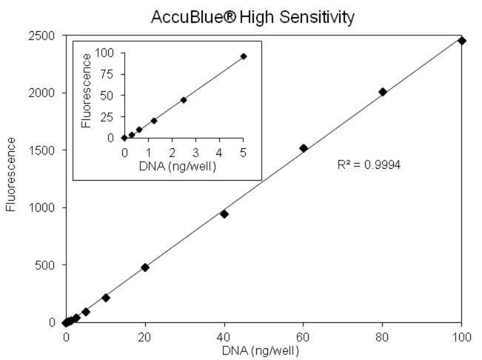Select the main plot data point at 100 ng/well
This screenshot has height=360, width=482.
[x=462, y=41]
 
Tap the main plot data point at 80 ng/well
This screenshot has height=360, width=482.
[x=383, y=92]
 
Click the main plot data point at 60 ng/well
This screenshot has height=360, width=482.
[x=303, y=148]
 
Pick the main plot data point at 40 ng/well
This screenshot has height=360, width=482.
[x=224, y=214]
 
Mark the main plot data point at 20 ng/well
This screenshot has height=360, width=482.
[x=145, y=267]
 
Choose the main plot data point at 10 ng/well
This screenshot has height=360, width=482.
[x=106, y=298]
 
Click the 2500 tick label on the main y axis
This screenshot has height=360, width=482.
[x=43, y=36]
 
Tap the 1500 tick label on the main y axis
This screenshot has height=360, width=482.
[x=43, y=151]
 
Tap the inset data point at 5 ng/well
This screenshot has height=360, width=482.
[x=243, y=56]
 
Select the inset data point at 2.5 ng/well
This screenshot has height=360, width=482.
[x=183, y=100]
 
